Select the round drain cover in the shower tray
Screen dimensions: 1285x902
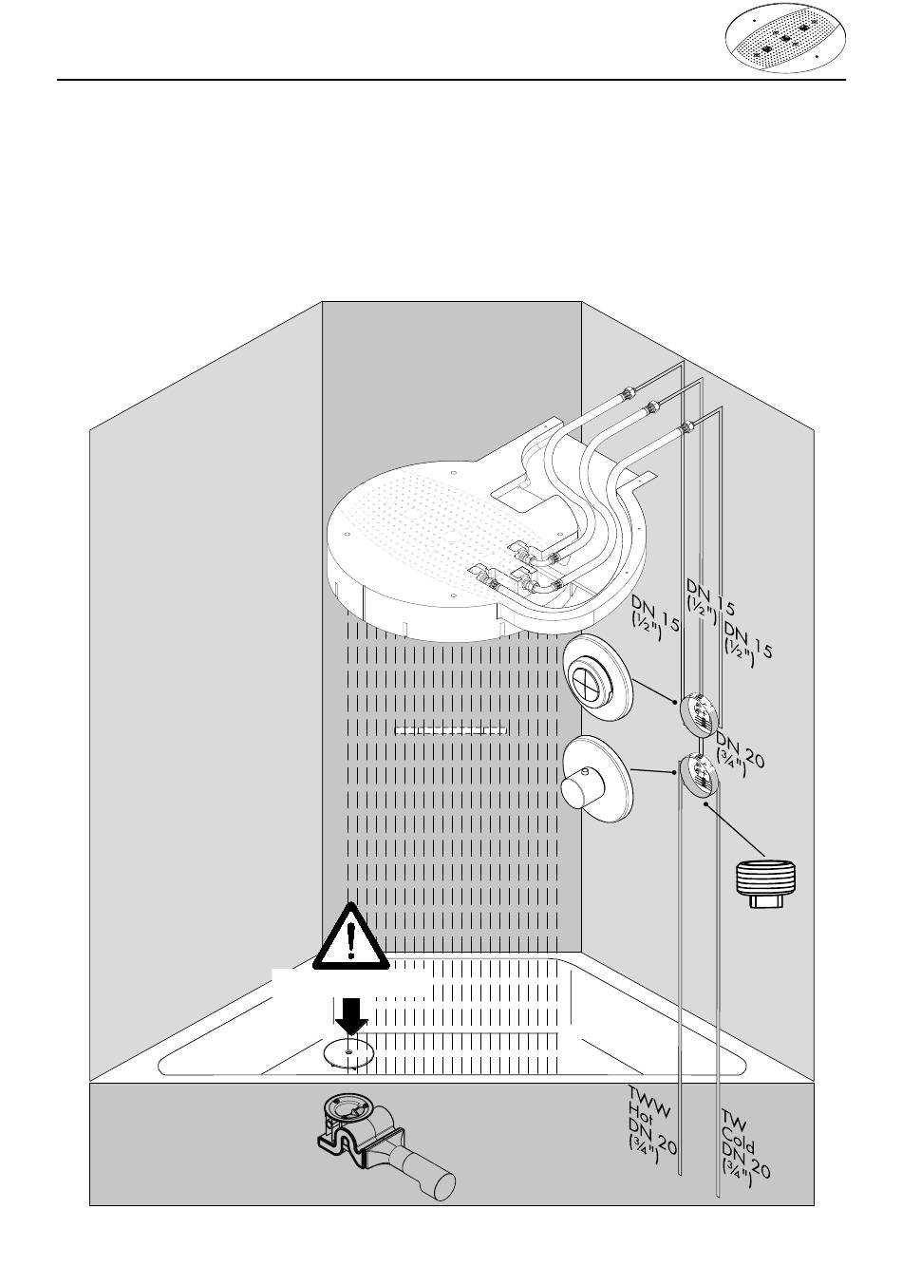[x=348, y=1052]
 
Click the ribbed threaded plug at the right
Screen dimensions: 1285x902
[x=768, y=882]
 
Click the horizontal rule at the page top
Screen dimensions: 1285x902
[x=451, y=81]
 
